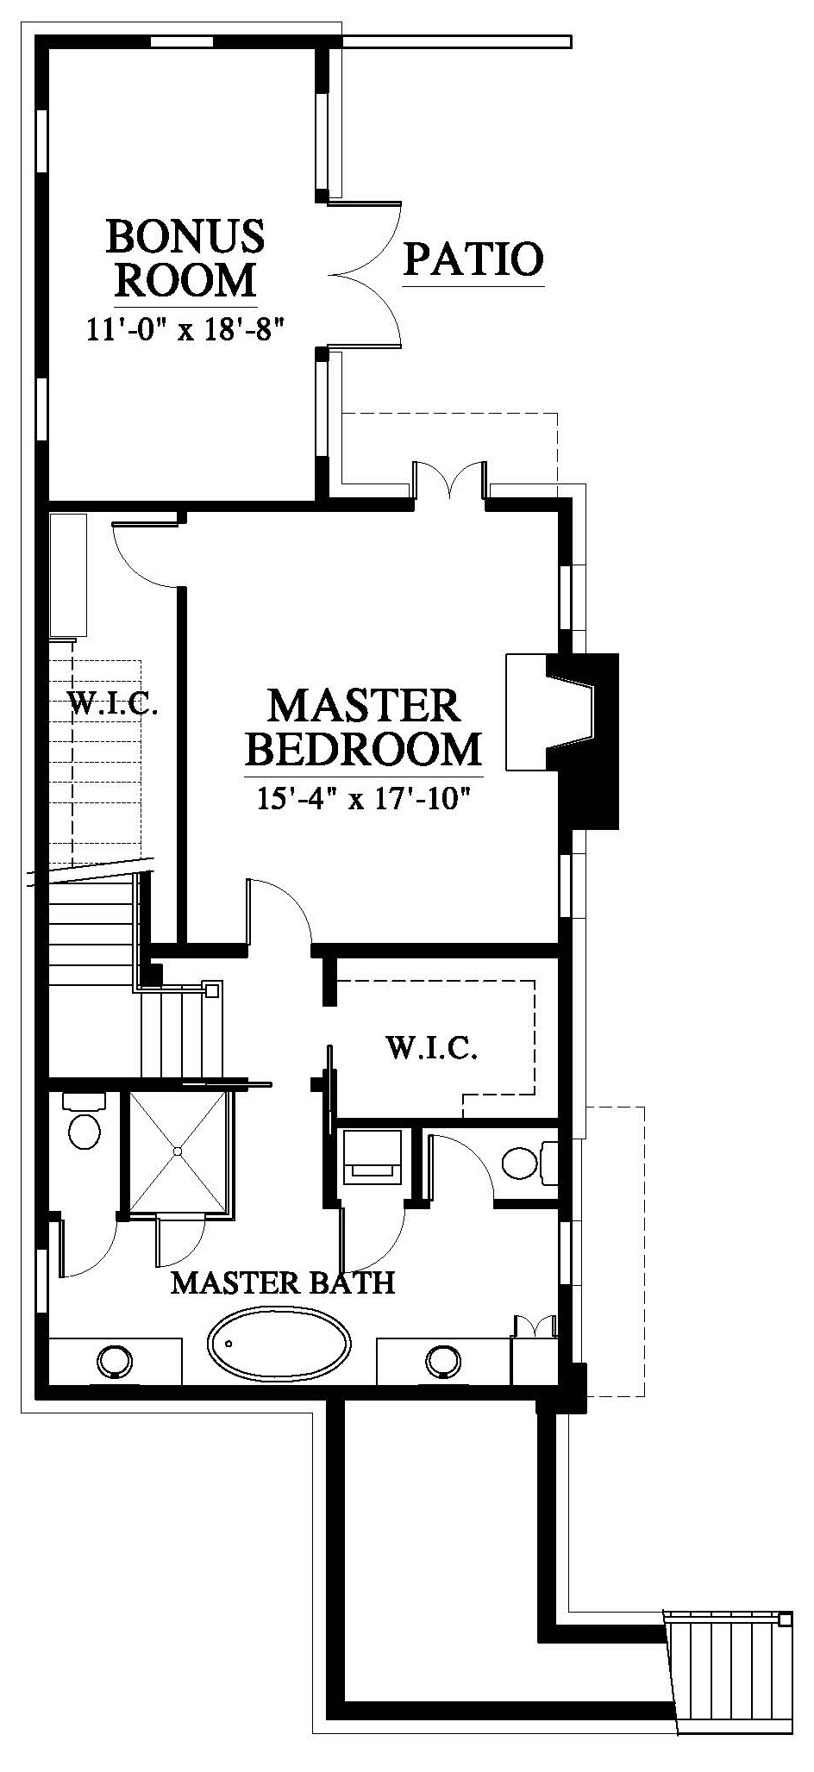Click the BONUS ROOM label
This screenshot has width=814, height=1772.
click(185, 258)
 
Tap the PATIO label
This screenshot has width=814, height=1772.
click(474, 259)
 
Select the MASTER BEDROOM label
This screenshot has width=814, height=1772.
click(363, 727)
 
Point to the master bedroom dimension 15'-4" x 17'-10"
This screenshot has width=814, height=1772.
click(363, 798)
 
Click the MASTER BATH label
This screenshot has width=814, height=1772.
click(283, 1282)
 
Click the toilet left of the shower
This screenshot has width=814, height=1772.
click(84, 1122)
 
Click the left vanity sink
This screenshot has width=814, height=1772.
click(115, 1363)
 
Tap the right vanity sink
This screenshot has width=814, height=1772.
click(444, 1362)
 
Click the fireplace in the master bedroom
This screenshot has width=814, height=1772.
click(562, 714)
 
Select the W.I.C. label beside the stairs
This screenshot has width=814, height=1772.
click(113, 706)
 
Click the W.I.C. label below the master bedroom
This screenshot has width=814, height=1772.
click(431, 1048)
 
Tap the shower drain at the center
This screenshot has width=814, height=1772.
click(177, 1151)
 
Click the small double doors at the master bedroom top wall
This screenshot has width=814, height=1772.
click(449, 481)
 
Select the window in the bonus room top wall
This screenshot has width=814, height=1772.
click(183, 41)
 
